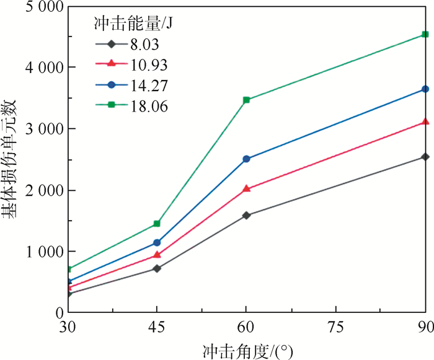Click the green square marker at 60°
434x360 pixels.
[247, 100]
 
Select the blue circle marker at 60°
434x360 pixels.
[247, 159]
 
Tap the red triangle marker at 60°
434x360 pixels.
[247, 188]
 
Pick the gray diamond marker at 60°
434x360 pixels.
[247, 216]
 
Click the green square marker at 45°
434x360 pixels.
[157, 223]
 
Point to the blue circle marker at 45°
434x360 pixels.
[157, 243]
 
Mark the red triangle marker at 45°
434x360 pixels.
[157, 254]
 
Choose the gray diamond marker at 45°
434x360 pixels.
[157, 268]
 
